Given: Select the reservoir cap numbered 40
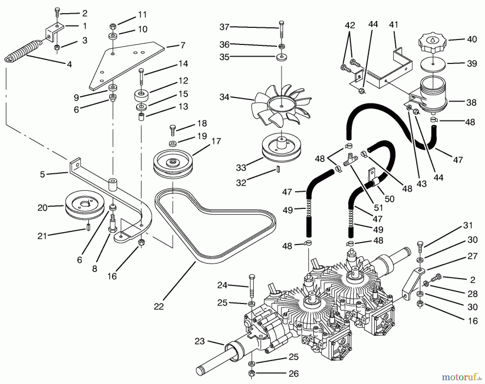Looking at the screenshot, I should point(432,43).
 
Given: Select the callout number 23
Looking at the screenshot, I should point(200,341).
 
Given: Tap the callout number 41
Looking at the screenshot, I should point(394,25).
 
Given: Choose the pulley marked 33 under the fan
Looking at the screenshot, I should point(281,150).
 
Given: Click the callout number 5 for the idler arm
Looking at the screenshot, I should point(42,174).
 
